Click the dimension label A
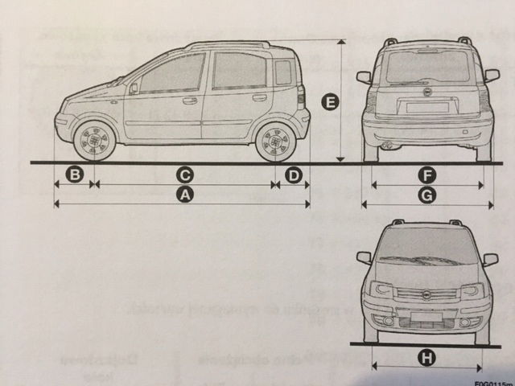point(184,195)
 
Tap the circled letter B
point(74,175)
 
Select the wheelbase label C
point(184,175)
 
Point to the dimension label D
point(293,175)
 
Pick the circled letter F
point(427,175)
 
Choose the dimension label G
point(427,195)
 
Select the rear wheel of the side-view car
point(275,142)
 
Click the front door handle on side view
point(190,101)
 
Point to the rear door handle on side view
point(259,98)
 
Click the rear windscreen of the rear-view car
point(426,68)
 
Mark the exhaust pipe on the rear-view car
point(388,146)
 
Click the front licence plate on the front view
point(426,317)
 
